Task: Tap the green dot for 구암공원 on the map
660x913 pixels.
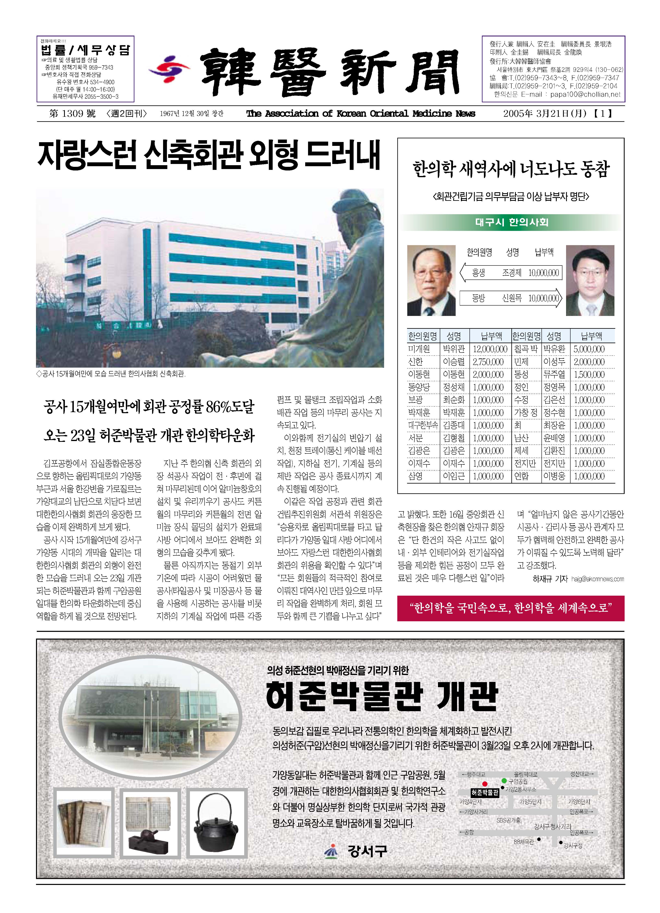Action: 504,781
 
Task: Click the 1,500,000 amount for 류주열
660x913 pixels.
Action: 589,374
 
